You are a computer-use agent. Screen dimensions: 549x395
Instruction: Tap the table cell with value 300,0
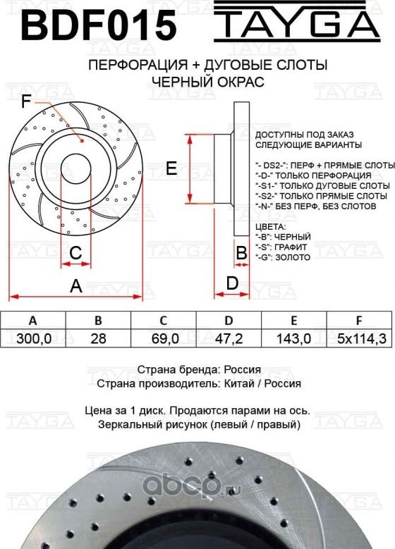tap(32, 338)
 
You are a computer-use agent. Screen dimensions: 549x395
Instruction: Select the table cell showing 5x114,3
tap(361, 338)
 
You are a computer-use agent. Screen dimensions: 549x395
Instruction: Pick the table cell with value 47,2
tap(229, 338)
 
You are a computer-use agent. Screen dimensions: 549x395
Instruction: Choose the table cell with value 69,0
tap(163, 338)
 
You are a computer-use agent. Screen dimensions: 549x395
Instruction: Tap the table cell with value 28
tap(98, 338)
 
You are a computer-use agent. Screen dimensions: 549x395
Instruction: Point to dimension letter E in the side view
tap(170, 168)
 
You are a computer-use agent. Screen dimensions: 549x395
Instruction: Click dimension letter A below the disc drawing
tap(76, 285)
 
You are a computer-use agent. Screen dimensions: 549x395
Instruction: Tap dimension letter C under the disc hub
tap(76, 251)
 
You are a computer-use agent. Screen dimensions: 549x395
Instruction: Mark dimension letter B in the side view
tap(241, 252)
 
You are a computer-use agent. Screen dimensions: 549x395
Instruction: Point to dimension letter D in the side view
tap(231, 283)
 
